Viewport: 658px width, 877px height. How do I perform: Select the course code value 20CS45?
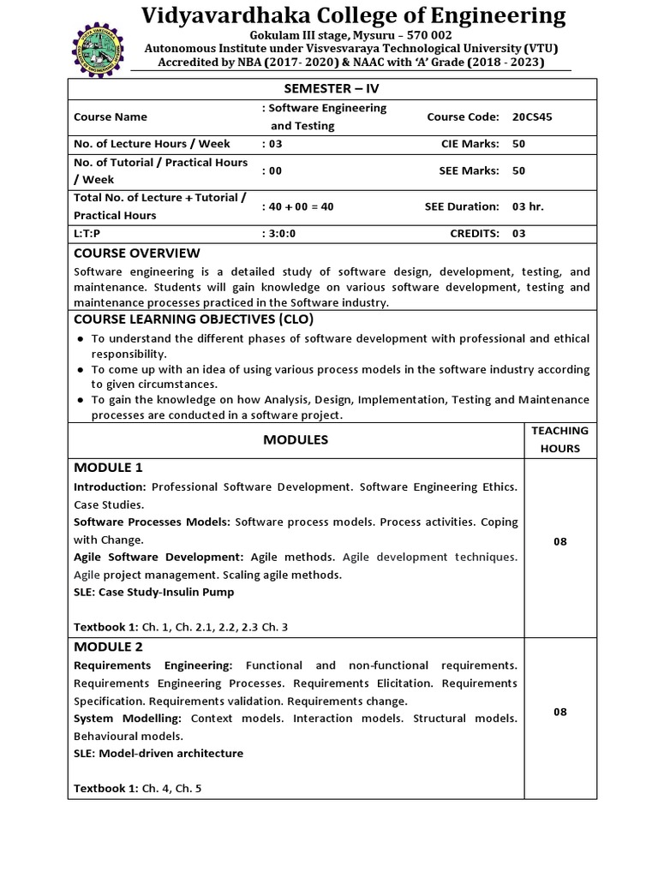click(532, 116)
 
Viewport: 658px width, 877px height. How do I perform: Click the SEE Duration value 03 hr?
click(528, 206)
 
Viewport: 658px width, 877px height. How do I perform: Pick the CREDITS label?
click(476, 233)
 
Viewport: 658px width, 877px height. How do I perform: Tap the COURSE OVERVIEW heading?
click(137, 253)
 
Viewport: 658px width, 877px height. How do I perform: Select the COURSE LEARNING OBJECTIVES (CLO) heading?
click(188, 319)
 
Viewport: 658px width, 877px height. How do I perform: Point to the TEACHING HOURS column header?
click(559, 439)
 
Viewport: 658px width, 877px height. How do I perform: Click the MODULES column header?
click(296, 439)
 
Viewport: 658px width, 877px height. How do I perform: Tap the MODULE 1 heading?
click(109, 468)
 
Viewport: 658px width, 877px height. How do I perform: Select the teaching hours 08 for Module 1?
click(559, 541)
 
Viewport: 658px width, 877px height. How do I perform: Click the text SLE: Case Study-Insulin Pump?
click(154, 592)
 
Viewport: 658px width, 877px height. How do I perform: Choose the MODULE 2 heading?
click(109, 646)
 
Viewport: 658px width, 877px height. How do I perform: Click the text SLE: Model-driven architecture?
click(159, 754)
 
